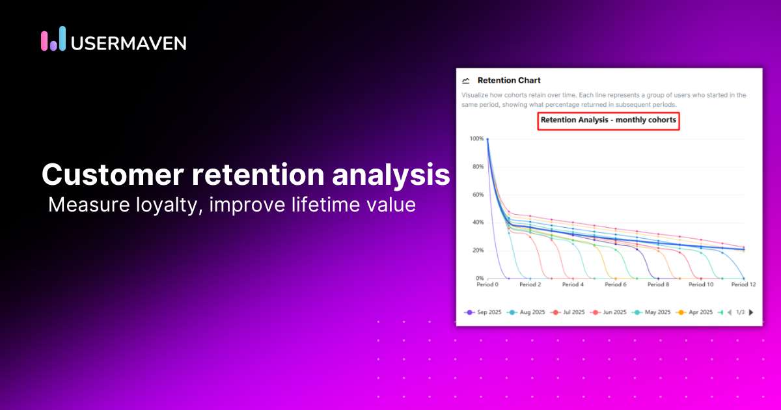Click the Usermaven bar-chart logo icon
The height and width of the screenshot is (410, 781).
point(53,39)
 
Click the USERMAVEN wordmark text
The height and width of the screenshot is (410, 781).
point(128,43)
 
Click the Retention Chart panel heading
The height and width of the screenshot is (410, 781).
point(509,81)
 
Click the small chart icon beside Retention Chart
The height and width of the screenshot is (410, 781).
point(465,81)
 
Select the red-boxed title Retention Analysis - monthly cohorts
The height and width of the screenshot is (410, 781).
point(609,120)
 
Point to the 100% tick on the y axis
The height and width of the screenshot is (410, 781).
point(476,139)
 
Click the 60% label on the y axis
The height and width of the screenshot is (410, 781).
point(477,195)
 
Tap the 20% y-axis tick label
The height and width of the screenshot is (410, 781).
point(477,251)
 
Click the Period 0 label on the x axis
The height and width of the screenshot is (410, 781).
point(487,284)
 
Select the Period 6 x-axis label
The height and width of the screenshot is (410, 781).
point(615,284)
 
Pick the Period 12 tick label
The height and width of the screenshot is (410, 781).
point(743,284)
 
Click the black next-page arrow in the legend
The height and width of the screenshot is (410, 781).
point(751,312)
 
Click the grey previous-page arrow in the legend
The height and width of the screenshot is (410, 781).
point(730,312)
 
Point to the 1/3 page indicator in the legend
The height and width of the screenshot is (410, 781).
point(740,312)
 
